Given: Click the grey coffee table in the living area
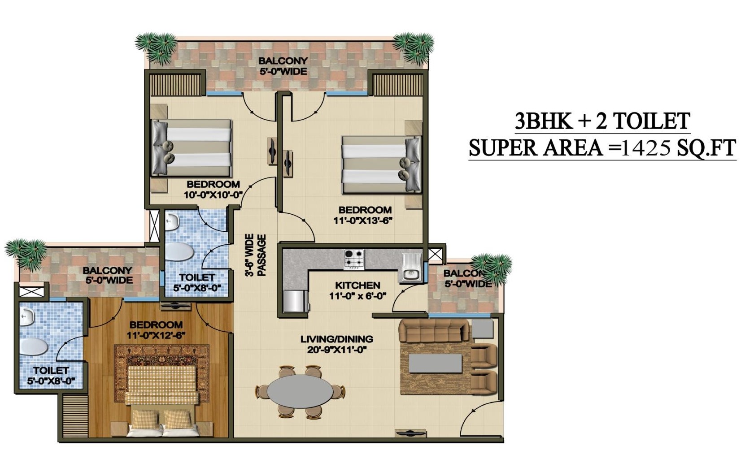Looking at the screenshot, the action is [436, 363].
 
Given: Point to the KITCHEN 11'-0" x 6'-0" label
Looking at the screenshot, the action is [357, 290].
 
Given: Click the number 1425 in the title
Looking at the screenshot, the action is [646, 148].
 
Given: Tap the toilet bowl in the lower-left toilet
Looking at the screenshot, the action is [33, 346].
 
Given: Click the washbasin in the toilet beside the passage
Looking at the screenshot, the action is [172, 221].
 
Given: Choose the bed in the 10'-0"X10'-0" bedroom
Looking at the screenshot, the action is [191, 147].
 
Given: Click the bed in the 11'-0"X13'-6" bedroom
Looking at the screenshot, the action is [381, 164].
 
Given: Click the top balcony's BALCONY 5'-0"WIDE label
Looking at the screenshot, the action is [283, 66].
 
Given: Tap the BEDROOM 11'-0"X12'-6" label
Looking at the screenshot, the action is [156, 330].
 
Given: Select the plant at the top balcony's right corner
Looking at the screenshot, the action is [414, 46].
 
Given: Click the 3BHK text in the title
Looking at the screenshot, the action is [544, 121].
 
